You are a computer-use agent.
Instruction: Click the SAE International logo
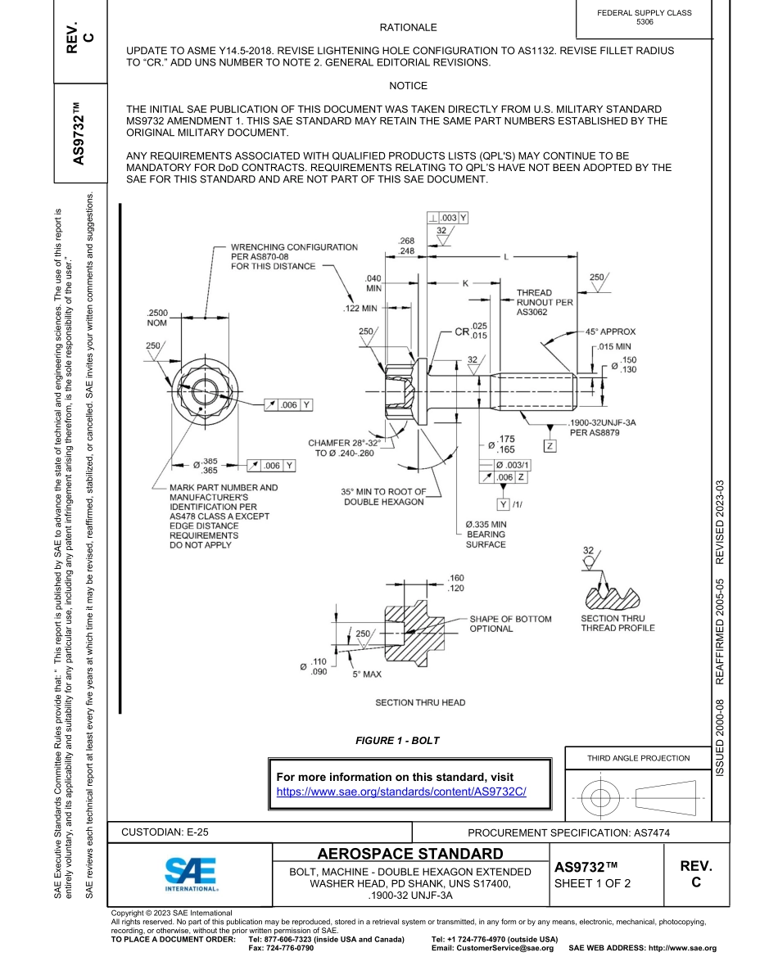[x=191, y=874]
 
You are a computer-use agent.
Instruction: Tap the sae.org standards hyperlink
[x=401, y=792]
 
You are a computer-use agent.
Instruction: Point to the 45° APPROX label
[x=606, y=332]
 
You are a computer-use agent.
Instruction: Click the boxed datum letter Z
[x=550, y=446]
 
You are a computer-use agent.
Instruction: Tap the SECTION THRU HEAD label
[x=420, y=702]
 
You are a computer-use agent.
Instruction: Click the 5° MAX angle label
[x=367, y=674]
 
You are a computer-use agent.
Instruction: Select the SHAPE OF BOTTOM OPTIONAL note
[x=509, y=624]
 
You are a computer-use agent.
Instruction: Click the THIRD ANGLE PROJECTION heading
[x=639, y=758]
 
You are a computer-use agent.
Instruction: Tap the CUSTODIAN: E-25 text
[x=165, y=832]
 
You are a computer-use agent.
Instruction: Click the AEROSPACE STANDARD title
[x=409, y=853]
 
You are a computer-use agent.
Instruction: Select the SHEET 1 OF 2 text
[x=592, y=884]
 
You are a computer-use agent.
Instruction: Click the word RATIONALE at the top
[x=408, y=28]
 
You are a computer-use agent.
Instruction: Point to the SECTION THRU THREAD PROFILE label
[x=617, y=623]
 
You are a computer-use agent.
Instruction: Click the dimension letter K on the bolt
[x=464, y=283]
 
